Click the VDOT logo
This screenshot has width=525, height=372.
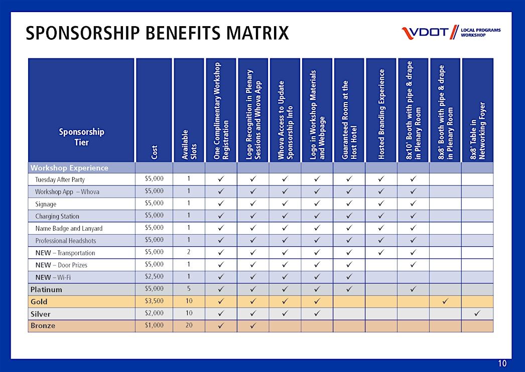coord(451,32)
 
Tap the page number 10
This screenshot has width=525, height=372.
coord(502,363)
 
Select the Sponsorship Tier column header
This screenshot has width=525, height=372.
coord(81,137)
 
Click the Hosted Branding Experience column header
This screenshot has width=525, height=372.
coord(381,114)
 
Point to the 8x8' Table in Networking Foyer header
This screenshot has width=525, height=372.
coord(477,131)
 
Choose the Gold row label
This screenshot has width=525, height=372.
coord(39,302)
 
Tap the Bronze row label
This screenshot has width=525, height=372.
coord(43,325)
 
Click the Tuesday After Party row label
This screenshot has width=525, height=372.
coord(60,179)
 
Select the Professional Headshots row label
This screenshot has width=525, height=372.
coord(66,240)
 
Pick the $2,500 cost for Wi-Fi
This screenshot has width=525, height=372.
coord(154,276)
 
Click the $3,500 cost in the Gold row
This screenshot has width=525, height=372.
coord(154,301)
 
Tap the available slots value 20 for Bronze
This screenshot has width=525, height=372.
coord(189,325)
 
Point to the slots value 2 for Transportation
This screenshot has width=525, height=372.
coord(189,252)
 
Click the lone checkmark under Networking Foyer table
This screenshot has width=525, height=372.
coord(477,313)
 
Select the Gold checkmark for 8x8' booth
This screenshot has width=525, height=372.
coord(445,301)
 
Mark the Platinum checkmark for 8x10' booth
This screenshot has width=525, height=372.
coord(413,289)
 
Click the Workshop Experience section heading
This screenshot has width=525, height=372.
coord(69,168)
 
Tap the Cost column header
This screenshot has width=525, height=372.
coord(154,152)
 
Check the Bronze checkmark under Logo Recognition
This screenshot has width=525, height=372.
coord(253,325)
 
